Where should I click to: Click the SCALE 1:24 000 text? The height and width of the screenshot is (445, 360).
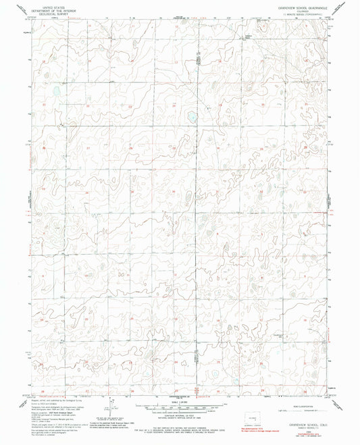pos(179,402)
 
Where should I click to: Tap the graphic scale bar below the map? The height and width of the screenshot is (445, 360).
pos(179,409)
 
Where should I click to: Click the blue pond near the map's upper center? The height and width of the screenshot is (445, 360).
pos(193,119)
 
